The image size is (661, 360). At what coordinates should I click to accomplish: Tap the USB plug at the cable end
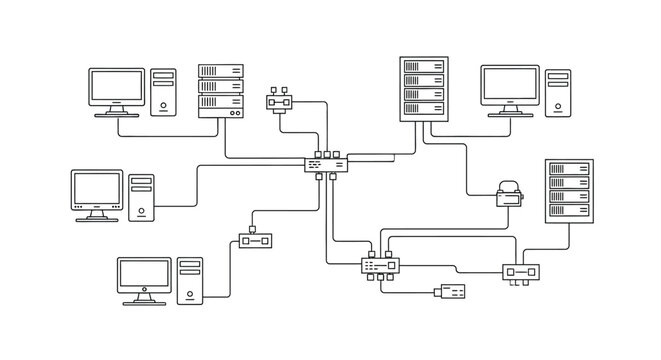tap(451, 292)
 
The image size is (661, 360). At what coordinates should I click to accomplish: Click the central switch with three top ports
tap(327, 164)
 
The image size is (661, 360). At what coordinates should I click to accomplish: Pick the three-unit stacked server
tap(221, 88)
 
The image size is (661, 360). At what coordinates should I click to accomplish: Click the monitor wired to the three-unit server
tap(118, 91)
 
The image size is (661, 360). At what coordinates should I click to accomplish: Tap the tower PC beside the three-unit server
tap(163, 92)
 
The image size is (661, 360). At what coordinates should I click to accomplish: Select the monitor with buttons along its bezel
tap(98, 193)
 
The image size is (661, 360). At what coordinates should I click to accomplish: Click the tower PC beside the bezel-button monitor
tap(142, 196)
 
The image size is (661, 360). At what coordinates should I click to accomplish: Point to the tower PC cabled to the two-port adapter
tap(190, 280)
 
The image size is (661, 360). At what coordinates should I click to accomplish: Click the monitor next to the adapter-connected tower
tap(145, 279)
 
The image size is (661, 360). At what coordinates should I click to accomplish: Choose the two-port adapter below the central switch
tap(256, 240)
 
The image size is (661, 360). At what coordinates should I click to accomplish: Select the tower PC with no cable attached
tap(558, 92)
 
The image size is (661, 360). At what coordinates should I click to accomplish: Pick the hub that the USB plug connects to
tap(381, 266)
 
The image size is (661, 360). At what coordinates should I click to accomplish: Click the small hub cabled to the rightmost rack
tap(521, 271)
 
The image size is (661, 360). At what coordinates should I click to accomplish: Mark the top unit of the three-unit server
tap(221, 72)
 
